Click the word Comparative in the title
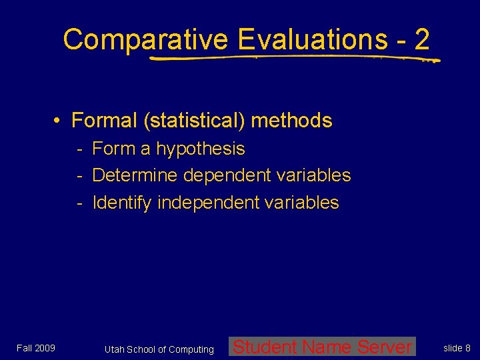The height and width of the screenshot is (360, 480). pos(145,40)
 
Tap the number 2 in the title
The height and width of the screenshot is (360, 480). pos(421,40)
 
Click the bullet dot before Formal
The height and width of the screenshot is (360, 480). pos(59,121)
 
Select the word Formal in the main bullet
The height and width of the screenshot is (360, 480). pos(104,121)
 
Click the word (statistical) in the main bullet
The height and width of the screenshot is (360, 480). pos(193,121)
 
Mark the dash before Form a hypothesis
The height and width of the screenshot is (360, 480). pos(79,149)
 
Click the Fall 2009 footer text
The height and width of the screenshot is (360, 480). pos(36,348)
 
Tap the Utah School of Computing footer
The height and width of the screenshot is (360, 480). pos(159,349)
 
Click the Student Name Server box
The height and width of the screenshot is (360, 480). pos(322,347)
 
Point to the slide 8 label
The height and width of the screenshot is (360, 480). pos(457,348)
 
